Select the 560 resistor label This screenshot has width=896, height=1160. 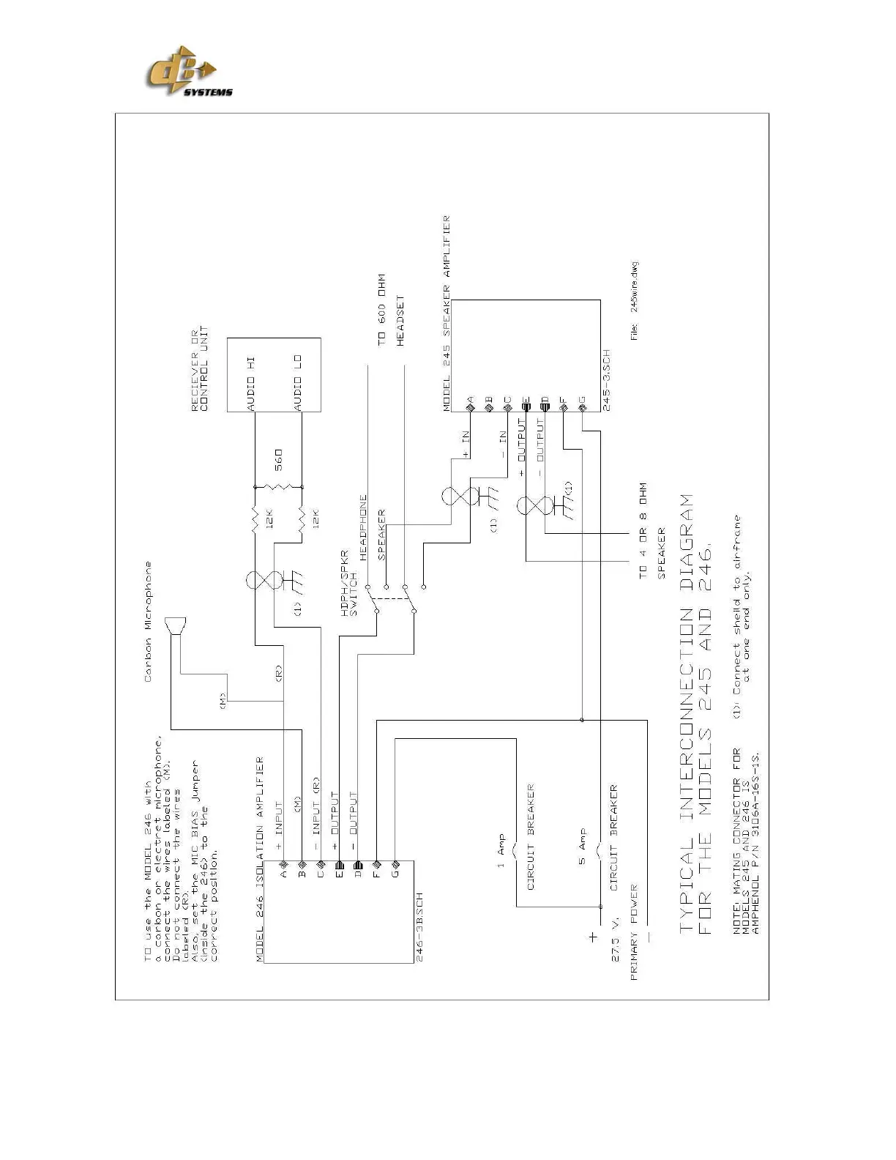click(278, 459)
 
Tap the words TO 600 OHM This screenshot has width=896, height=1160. click(381, 310)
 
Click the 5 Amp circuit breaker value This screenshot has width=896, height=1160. click(583, 847)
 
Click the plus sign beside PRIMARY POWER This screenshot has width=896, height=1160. click(592, 937)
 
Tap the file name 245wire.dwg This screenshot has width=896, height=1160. click(635, 286)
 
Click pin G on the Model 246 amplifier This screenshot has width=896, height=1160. click(395, 872)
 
